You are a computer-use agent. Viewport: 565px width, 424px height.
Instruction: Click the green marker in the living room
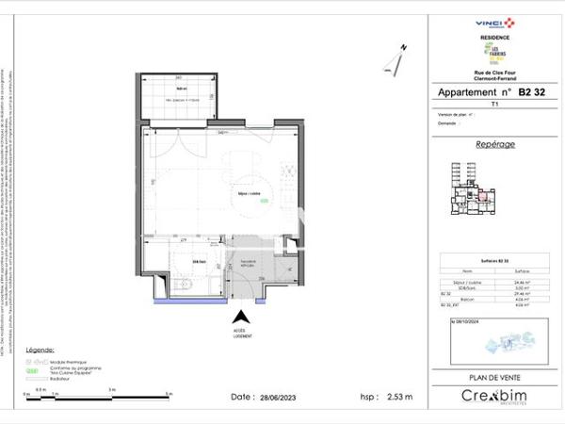(265, 201)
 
